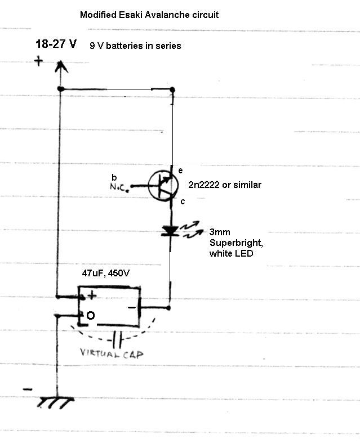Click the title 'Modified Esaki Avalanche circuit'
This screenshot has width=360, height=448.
(149, 15)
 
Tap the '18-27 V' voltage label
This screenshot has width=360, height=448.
(56, 44)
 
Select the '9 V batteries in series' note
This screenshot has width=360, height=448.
(135, 46)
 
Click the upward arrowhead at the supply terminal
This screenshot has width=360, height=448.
(61, 66)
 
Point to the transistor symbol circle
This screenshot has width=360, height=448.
(163, 185)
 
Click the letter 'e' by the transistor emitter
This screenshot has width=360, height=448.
(180, 171)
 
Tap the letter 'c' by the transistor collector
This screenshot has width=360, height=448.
(183, 201)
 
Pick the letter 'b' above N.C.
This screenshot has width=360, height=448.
(114, 177)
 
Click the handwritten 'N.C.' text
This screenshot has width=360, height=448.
(118, 187)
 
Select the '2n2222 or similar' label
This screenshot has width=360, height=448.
(225, 185)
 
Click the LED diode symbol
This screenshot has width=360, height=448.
(170, 231)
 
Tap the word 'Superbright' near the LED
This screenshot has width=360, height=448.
(236, 243)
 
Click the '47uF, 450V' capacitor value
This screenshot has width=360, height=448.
(105, 273)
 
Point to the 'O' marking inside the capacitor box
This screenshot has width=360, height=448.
(90, 315)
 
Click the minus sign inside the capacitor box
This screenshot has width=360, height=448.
(132, 307)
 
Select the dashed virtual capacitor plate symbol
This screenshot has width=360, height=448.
(117, 339)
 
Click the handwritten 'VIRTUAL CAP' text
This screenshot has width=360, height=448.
(112, 354)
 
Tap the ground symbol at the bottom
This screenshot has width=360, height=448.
(55, 403)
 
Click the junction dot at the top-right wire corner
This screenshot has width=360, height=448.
(172, 90)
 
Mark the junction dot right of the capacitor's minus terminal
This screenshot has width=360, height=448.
(168, 308)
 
